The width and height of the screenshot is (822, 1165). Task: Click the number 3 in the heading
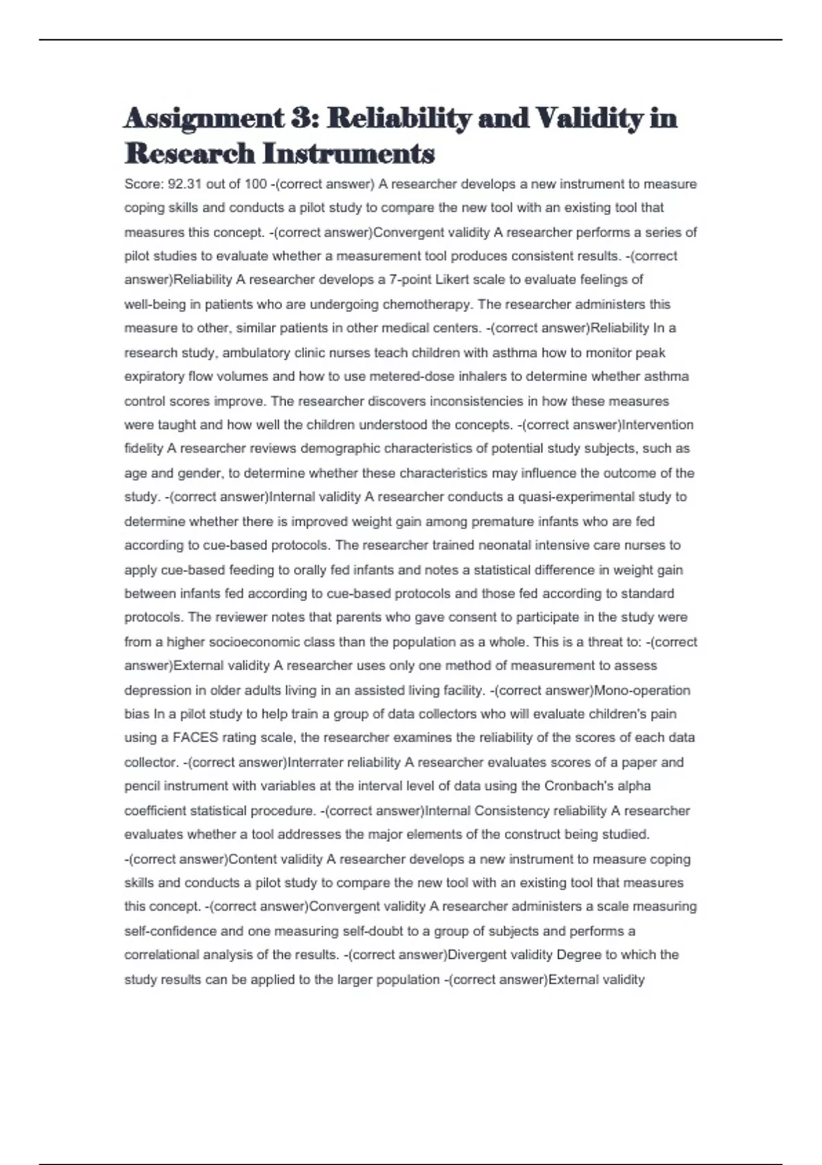pyautogui.click(x=300, y=118)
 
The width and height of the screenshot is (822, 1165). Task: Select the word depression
pyautogui.click(x=155, y=690)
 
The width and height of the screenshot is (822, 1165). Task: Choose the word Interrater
pyautogui.click(x=316, y=762)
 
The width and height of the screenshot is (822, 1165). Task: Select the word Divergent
pyautogui.click(x=475, y=955)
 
